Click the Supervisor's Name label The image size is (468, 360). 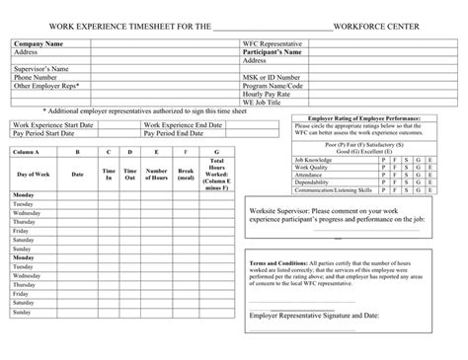pyautogui.click(x=42, y=69)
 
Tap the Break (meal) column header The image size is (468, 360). pyautogui.click(x=186, y=174)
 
